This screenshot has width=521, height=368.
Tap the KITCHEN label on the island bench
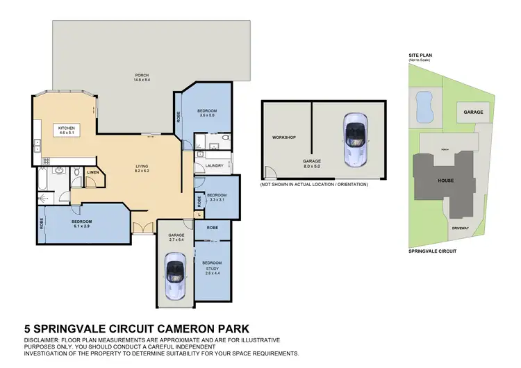[66, 130]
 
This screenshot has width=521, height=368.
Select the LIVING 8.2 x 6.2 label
[142, 168]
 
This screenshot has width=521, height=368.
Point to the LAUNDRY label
[214, 165]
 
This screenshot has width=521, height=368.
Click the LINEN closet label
[92, 171]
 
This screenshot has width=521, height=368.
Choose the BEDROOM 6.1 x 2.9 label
[82, 224]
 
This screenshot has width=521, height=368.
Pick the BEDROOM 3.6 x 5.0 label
[207, 113]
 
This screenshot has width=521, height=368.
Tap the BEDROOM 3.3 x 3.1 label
[217, 197]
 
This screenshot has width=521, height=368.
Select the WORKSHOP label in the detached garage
[284, 137]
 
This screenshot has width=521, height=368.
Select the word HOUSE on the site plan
[445, 181]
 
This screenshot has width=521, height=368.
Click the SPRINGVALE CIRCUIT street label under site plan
[432, 251]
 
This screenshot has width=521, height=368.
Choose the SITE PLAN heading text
[420, 56]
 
